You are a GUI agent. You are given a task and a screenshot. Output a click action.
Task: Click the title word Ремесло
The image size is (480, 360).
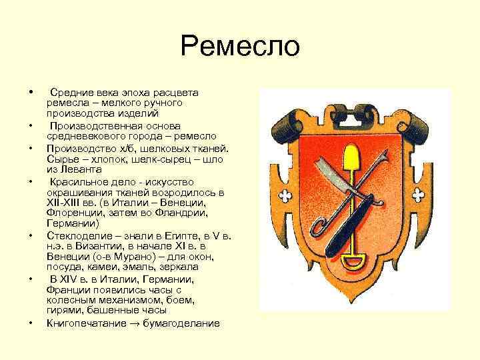tap(240, 47)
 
